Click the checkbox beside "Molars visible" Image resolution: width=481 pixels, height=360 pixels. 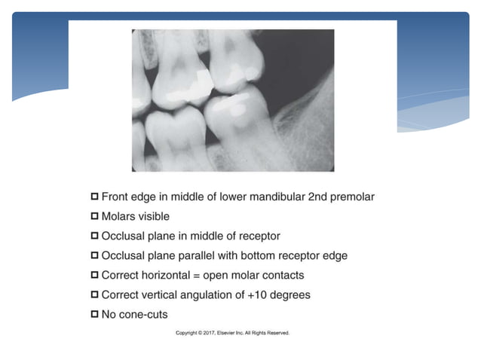tap(95, 216)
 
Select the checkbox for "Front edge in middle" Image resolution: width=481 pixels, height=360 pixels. tap(95, 197)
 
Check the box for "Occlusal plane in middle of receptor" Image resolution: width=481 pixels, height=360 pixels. tap(95, 236)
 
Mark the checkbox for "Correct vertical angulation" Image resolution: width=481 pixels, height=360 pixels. tap(95, 294)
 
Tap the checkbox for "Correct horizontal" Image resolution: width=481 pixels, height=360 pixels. tap(95, 274)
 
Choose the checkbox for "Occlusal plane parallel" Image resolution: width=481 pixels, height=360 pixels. tap(95, 255)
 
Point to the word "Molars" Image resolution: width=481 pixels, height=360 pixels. tap(119, 217)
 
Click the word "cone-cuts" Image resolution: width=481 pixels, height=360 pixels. tap(145, 313)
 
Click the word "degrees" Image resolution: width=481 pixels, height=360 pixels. tap(289, 294)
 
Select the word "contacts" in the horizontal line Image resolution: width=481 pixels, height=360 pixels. tap(280, 275)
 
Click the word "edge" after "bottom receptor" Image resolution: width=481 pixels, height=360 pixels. tap(335, 255)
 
